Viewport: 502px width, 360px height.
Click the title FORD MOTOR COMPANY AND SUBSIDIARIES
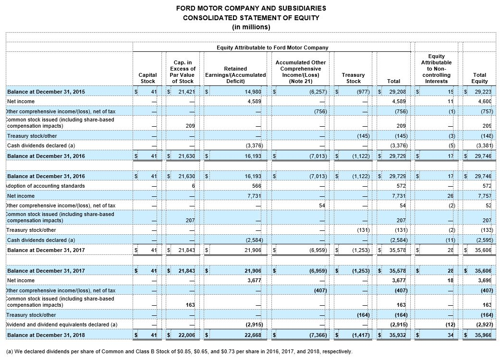[251, 8]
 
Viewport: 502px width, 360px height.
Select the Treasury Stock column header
[353, 78]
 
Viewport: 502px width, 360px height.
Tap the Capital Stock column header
[147, 78]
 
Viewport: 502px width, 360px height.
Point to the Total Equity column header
[479, 78]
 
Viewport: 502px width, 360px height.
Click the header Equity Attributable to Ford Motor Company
[272, 48]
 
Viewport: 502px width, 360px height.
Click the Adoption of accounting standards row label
[46, 186]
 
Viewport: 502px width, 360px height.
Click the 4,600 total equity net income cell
[484, 101]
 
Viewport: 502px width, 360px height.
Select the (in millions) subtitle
[251, 27]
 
